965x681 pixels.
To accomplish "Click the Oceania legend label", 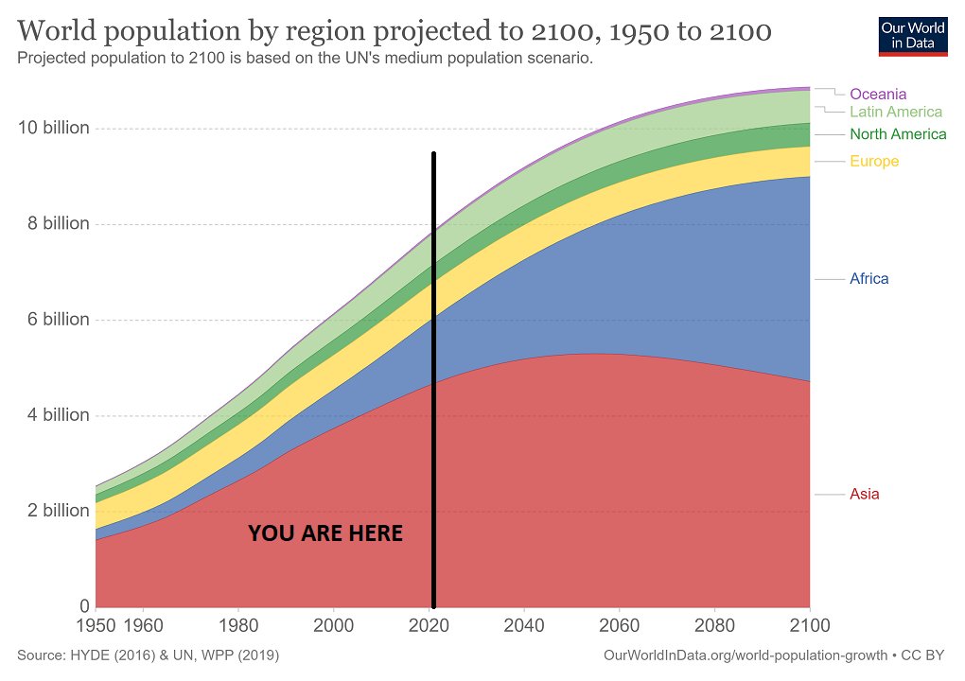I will tap(878, 94).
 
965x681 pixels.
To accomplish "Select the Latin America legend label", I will tap(896, 112).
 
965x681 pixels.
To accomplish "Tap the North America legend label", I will tap(898, 134).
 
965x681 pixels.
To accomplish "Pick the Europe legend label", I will tap(874, 161).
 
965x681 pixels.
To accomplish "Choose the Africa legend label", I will tap(869, 279).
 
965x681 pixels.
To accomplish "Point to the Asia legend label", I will tap(865, 494).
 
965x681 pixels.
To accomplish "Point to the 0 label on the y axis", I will tap(84, 606).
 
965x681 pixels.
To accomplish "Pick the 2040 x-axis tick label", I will tap(524, 626).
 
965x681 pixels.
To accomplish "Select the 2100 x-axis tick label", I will tap(809, 626).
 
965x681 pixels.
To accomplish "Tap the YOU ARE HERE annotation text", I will tap(325, 533).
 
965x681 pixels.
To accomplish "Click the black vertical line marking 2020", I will tap(433, 378).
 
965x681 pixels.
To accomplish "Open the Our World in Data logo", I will tap(912, 35).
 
